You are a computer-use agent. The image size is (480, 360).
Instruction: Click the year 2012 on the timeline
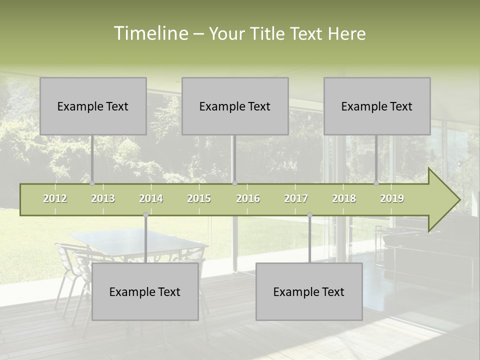55,198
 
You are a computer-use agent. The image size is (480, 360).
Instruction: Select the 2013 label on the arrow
103,198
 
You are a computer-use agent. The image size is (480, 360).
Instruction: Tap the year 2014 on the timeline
151,198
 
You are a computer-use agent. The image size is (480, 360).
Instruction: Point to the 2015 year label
199,198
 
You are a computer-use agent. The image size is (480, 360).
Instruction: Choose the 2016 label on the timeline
248,198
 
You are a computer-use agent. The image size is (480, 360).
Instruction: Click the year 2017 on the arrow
296,198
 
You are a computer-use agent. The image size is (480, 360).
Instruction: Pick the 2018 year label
344,198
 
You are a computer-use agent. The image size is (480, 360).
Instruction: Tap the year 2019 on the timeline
392,198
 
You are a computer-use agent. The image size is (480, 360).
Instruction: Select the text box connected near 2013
93,106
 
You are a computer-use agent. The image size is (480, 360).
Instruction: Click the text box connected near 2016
235,106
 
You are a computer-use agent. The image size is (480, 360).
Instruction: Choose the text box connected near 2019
377,106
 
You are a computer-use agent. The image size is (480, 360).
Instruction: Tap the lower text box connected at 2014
145,291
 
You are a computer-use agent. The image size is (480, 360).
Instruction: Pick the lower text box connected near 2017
309,291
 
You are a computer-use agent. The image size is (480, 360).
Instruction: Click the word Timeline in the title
150,33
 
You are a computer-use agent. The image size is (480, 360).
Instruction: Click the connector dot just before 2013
92,183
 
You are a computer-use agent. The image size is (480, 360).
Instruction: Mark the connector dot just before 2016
234,183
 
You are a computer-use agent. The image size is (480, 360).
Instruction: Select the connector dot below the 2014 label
145,214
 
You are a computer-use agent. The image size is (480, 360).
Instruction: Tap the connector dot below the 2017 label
309,214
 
